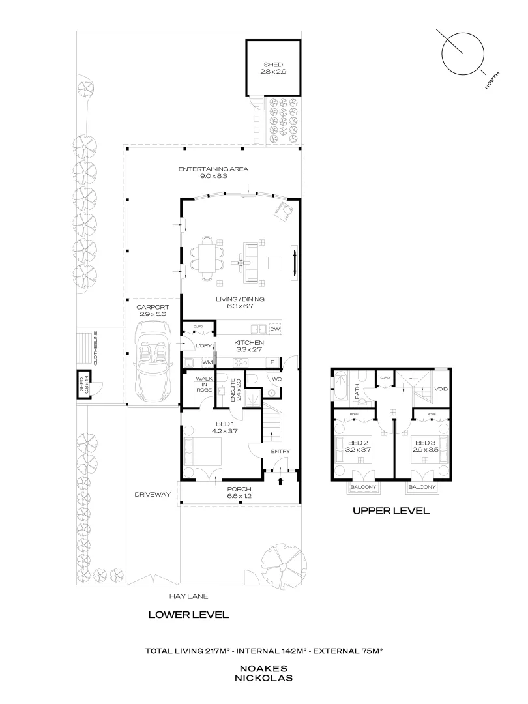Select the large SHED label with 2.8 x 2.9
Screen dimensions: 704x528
(x=272, y=68)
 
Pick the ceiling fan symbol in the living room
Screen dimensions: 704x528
(x=242, y=263)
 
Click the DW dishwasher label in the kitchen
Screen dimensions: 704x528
(x=274, y=330)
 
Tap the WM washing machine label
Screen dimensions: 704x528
(x=207, y=362)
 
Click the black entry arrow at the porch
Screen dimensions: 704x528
(x=280, y=482)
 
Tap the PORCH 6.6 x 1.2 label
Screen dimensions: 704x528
(x=239, y=493)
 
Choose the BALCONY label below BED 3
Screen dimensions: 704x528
(x=422, y=487)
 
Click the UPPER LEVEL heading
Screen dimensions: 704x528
(x=390, y=511)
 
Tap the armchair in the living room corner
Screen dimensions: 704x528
(x=284, y=212)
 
